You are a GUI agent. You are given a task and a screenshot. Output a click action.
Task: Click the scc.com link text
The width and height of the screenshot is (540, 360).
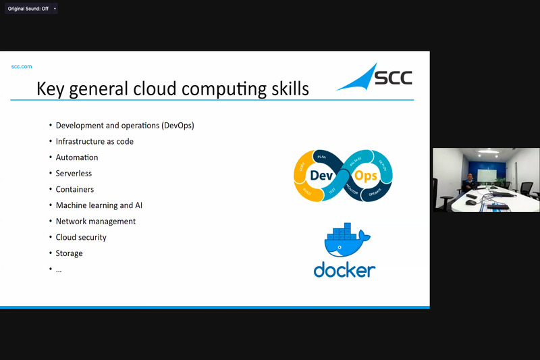(22, 66)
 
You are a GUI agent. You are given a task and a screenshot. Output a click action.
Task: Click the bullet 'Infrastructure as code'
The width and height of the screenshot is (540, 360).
(94, 141)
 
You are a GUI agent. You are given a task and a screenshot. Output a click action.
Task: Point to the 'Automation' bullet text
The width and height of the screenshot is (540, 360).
(77, 157)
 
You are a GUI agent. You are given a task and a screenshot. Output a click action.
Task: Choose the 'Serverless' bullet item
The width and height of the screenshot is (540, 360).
(74, 174)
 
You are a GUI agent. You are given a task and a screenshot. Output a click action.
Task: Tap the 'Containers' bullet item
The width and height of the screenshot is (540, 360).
(75, 190)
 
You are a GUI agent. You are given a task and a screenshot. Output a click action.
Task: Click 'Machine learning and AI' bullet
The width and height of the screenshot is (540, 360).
(99, 205)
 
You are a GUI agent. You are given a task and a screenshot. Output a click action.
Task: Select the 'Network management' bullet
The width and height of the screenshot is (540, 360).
(96, 222)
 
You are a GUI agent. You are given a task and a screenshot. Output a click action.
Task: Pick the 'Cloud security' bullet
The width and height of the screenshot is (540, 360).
(81, 238)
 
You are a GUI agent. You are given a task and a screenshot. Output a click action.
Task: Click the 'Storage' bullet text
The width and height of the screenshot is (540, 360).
(70, 253)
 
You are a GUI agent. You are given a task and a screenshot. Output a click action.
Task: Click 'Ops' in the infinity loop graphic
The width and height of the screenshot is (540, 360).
(366, 176)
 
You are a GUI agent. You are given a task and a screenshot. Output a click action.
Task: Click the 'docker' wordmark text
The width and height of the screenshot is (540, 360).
(344, 269)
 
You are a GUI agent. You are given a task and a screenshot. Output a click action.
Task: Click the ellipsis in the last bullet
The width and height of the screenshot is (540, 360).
(59, 269)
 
